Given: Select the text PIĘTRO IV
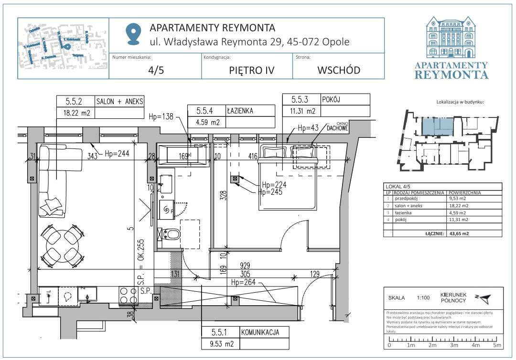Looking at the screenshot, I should pos(251,70).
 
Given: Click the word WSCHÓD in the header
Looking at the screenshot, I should pos(339,70).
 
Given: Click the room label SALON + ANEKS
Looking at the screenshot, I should pos(119,101).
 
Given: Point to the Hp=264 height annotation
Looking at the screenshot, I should pos(244,282).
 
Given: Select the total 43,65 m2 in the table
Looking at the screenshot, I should pos(461,233).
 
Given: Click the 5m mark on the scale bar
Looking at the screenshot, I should pos(496,345).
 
